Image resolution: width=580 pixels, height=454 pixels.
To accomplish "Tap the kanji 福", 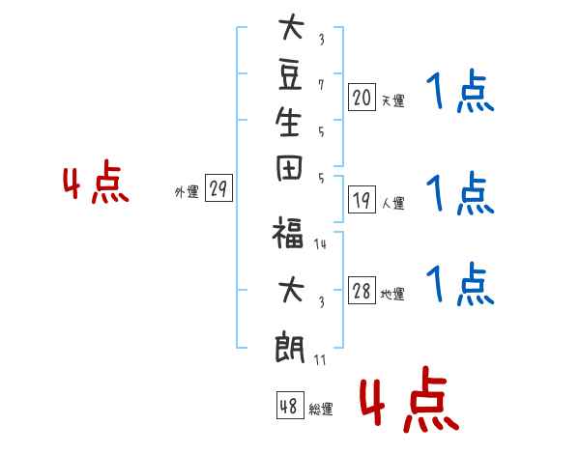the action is [x=288, y=232].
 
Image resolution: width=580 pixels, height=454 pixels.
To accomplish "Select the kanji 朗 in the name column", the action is [x=289, y=349].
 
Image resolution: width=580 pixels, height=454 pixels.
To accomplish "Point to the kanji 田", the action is [x=289, y=168].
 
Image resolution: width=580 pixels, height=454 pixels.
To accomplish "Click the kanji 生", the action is [x=288, y=122].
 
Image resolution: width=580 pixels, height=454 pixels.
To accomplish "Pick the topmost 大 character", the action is [x=292, y=27].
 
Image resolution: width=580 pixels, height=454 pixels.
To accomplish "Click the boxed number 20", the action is [x=362, y=98].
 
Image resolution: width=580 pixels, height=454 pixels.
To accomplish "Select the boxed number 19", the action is [x=362, y=200].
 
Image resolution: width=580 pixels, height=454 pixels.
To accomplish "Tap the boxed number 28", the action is [x=362, y=290].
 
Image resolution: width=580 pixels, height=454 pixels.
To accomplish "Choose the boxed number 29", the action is [x=218, y=187].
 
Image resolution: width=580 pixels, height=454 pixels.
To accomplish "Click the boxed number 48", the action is [x=290, y=405].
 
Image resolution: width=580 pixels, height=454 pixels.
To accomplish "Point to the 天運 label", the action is [x=393, y=100].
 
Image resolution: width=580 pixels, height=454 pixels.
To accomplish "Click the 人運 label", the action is [x=393, y=203].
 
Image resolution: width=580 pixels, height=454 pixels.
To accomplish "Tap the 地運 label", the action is [x=392, y=294].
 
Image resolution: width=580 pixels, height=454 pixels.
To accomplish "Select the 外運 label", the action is [x=187, y=192].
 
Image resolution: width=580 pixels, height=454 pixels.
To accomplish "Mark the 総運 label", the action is [x=321, y=409].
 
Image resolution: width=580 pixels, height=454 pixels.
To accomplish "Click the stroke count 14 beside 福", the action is [x=320, y=244].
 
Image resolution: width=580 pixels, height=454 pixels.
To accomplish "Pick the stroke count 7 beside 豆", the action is [x=321, y=85].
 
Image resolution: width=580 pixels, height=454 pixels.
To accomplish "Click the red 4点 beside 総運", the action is [x=410, y=399].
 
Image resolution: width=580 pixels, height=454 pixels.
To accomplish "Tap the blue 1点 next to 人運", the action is [x=460, y=193].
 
